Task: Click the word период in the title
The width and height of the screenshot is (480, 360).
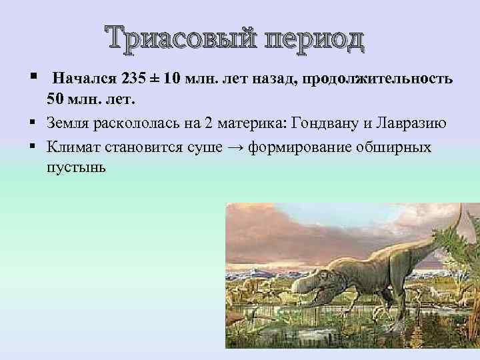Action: point(315,39)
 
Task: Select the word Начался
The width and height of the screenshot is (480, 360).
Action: point(85,78)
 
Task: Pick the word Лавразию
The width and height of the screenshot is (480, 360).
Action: point(411,123)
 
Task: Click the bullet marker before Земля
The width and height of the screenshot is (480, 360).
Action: point(31,123)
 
